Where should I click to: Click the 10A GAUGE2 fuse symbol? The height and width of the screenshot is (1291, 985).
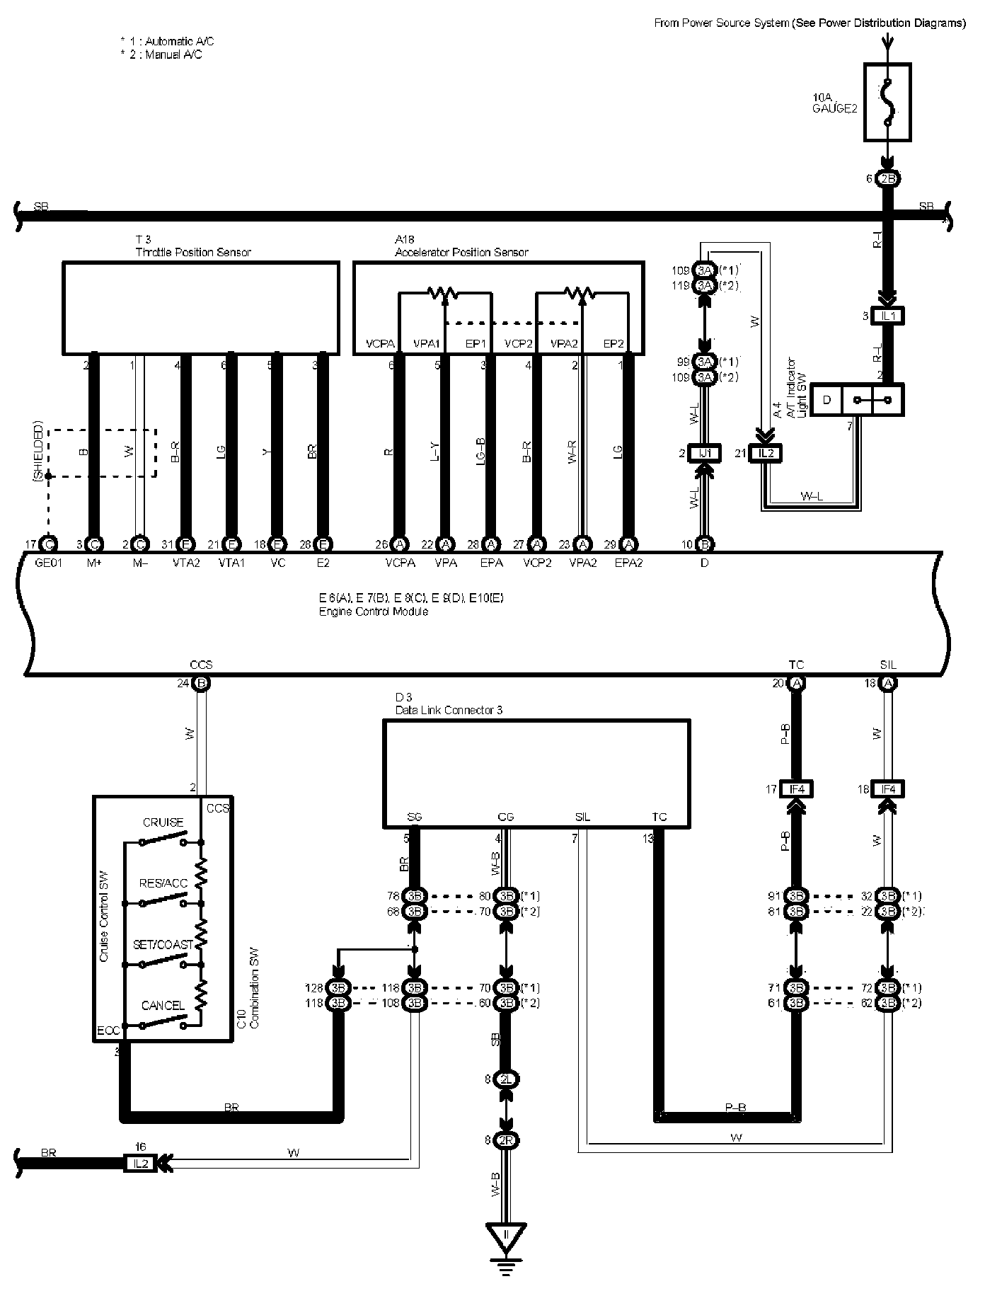point(887,102)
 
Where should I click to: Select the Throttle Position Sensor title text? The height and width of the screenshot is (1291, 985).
point(193,252)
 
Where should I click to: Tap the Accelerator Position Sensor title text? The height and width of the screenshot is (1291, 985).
point(461,252)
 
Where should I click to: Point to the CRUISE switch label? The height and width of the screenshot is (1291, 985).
point(163,822)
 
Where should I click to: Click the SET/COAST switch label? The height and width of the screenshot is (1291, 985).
point(163,945)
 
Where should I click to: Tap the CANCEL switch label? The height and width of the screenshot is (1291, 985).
point(163,1005)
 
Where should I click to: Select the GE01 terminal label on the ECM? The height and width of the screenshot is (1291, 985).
point(49,563)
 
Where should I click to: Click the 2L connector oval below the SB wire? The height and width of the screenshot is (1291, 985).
point(506,1079)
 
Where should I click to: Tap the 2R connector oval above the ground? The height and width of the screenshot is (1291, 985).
point(506,1140)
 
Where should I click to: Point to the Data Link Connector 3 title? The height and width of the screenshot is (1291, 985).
point(449,710)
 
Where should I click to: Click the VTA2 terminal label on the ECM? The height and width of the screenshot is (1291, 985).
point(185,563)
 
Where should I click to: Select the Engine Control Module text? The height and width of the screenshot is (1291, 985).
point(373,612)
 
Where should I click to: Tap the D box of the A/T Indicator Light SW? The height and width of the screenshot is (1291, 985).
point(826,401)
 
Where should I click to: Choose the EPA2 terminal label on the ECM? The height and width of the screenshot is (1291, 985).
point(628,563)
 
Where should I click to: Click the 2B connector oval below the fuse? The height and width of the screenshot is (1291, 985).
point(887,179)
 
